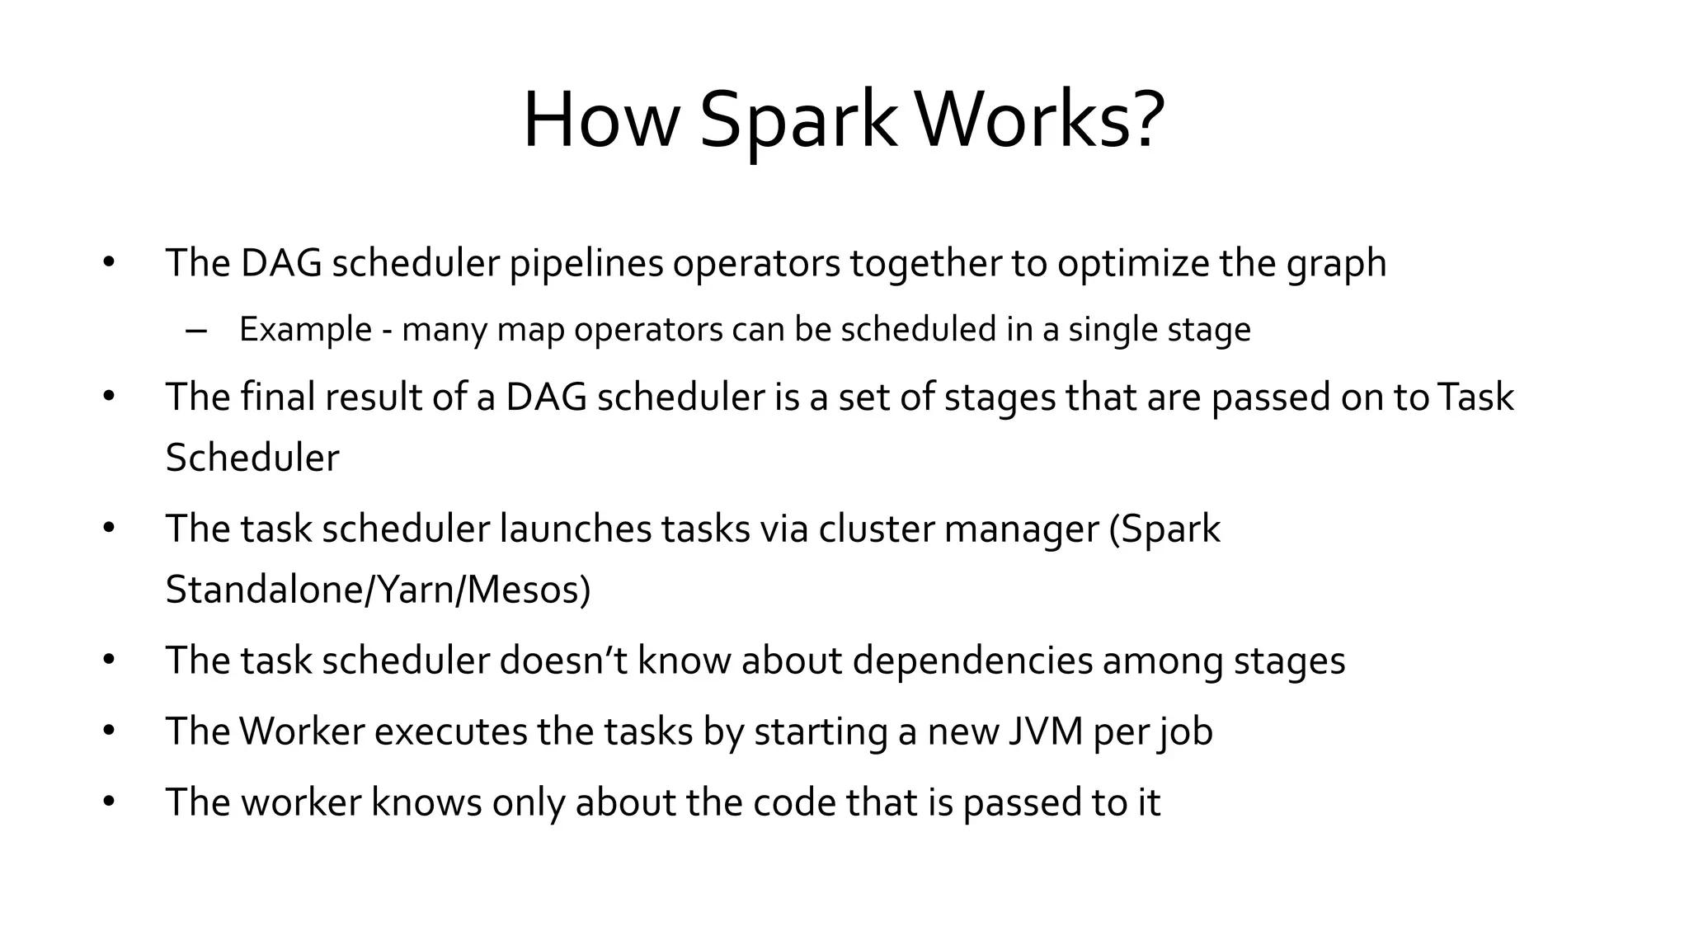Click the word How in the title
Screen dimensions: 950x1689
[x=600, y=121]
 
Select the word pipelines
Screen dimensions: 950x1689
[x=586, y=264]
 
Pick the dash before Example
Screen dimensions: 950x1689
[x=196, y=331]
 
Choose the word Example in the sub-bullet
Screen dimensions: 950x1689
[x=305, y=330]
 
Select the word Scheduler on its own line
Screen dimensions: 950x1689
[x=252, y=458]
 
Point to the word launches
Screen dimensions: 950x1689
[x=575, y=529]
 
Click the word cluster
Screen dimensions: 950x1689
[x=876, y=529]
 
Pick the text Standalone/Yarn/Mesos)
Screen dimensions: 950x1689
[x=378, y=590]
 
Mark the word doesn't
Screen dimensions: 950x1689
[x=563, y=661]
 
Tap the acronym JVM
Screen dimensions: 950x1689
[x=1045, y=731]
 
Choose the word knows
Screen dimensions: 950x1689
[x=426, y=802]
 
